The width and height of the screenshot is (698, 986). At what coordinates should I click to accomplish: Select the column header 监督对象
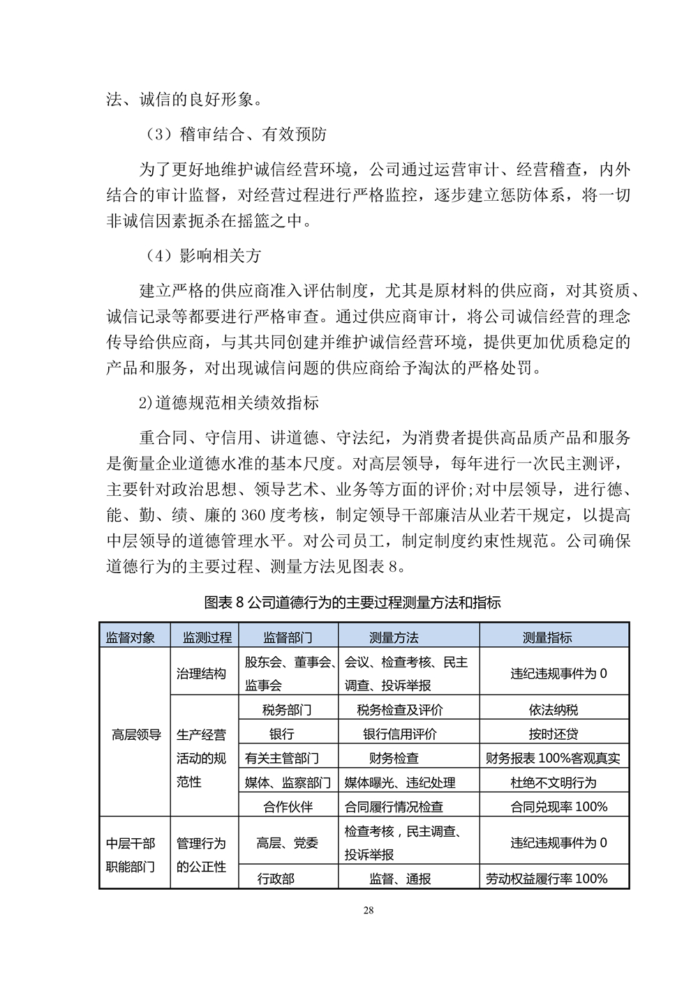point(130,637)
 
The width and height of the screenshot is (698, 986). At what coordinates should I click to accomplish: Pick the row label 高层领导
point(136,734)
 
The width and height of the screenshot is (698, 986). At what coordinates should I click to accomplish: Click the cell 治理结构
point(201,674)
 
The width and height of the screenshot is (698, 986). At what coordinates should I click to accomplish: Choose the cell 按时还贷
point(554,734)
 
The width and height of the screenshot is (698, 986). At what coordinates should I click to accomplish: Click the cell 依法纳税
point(554,710)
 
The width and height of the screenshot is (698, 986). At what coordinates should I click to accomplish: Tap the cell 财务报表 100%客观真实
point(554,758)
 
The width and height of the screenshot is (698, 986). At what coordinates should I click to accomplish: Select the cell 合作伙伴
point(288,807)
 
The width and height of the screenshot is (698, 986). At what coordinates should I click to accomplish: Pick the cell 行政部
point(276,879)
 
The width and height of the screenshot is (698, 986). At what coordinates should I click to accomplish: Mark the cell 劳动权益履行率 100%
point(547,879)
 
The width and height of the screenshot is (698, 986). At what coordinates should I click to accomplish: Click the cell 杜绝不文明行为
point(554,782)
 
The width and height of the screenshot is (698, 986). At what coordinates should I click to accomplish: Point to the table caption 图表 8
point(352,602)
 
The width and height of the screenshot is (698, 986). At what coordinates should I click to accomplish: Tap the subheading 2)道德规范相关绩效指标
point(229,402)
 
